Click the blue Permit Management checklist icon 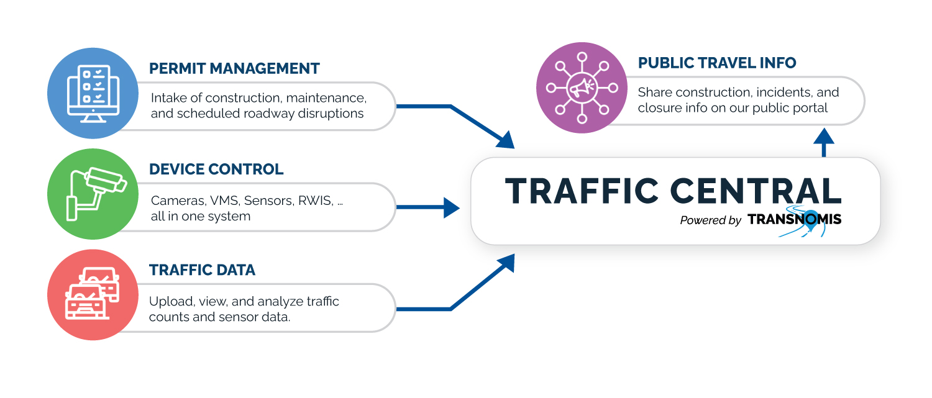point(93,93)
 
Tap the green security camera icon point(93,194)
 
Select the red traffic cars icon point(93,295)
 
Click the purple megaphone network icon point(582,88)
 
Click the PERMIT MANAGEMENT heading point(234,68)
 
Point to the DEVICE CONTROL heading point(216,169)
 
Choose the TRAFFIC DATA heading point(202,270)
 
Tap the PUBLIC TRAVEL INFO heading point(717,63)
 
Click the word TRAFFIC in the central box point(582,191)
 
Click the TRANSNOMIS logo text point(794,219)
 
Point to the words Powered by point(710,220)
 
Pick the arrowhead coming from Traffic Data point(507,262)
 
